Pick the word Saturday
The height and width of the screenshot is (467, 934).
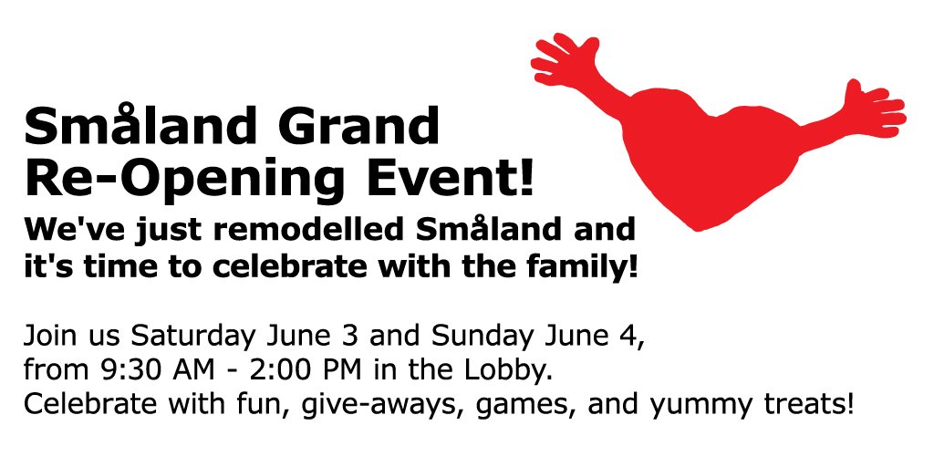[x=192, y=336]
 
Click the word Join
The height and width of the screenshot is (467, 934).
[x=50, y=336]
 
